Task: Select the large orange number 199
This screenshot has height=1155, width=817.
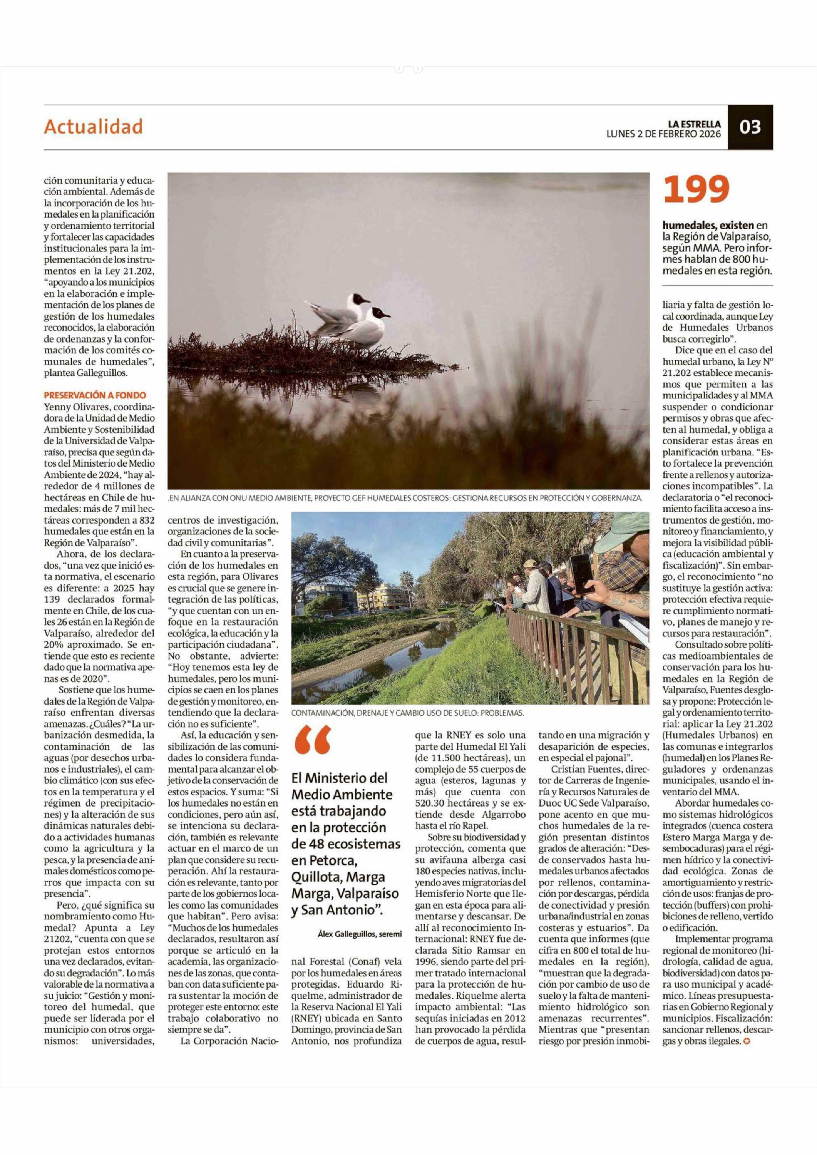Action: [696, 190]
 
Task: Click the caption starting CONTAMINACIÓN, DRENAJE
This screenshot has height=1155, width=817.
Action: [407, 713]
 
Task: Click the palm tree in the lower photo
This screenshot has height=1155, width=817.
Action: [406, 583]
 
